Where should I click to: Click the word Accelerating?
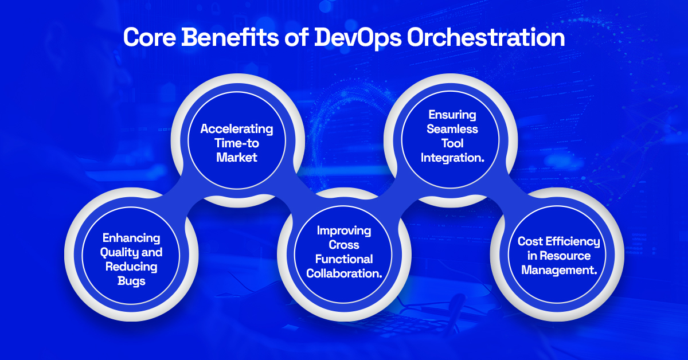point(237,129)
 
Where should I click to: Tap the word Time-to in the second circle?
point(237,143)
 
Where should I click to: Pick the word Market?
point(237,156)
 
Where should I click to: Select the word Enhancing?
point(131,238)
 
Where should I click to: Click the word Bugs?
point(131,281)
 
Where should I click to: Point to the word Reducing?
point(131,267)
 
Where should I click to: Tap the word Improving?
point(344,230)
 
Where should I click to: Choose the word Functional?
point(344,259)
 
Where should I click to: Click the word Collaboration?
point(344,273)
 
